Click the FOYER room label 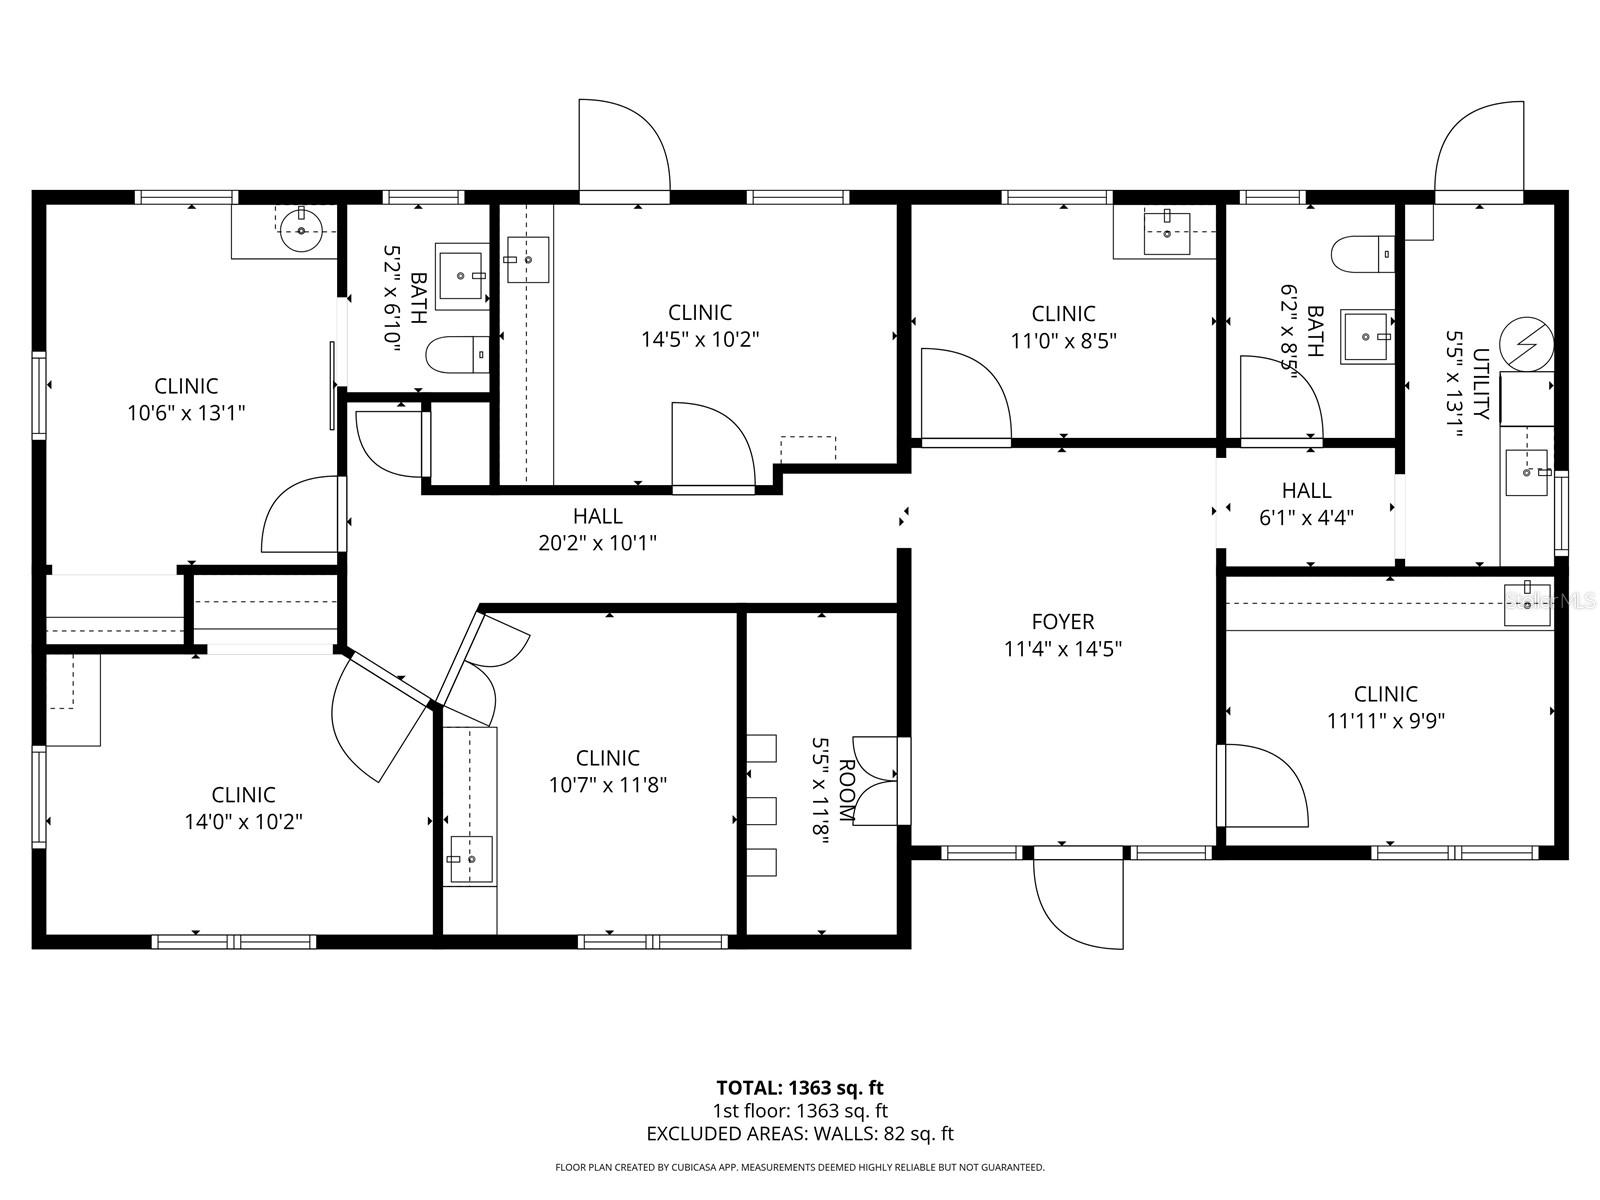(x=1063, y=622)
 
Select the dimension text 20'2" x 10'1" (x=598, y=543)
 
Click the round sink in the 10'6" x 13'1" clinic (x=301, y=231)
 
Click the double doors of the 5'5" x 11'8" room (x=876, y=781)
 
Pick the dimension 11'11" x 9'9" (x=1385, y=720)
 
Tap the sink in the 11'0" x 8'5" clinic (x=1167, y=232)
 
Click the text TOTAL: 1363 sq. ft (x=799, y=1087)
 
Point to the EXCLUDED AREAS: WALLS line (x=799, y=1134)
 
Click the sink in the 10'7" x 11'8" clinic (x=470, y=859)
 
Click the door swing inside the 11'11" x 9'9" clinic (x=1265, y=785)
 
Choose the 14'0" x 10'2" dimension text (x=243, y=822)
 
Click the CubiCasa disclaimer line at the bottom (x=799, y=1167)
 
